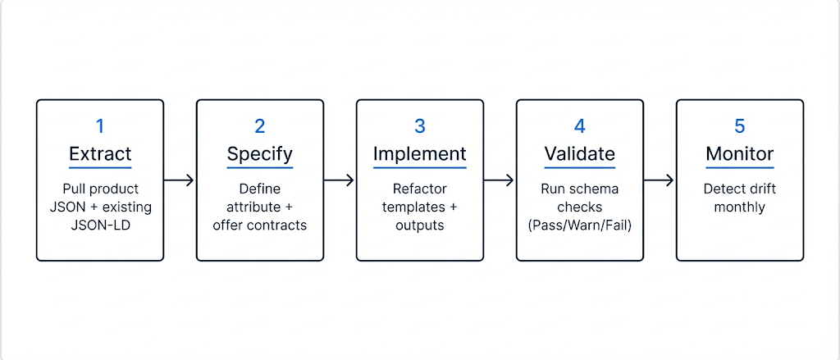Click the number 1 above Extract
coord(100,126)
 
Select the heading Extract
coord(100,154)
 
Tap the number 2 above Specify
coord(260,126)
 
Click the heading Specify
coord(260,154)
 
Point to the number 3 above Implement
coord(420,126)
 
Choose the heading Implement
coord(420,154)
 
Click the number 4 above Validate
coord(580,126)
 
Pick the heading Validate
coord(580,154)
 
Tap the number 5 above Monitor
coord(740,126)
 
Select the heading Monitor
coord(740,154)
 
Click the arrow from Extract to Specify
coord(180,180)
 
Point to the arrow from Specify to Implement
coord(340,180)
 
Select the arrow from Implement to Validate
coord(500,180)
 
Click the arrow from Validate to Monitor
coord(660,180)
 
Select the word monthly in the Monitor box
coord(740,207)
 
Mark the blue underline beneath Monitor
coord(740,168)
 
